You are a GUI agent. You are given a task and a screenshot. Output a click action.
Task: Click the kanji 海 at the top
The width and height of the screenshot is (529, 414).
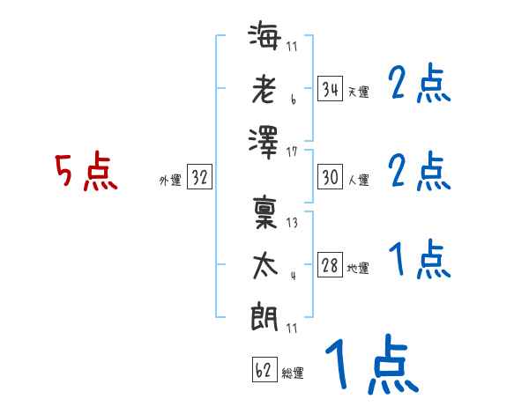point(264,35)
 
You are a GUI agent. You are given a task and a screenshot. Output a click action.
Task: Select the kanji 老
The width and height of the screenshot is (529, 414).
point(264,89)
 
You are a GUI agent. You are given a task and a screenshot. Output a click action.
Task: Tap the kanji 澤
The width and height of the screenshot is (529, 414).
point(264,143)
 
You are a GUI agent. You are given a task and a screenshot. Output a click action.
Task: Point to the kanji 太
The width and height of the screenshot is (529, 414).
point(265,266)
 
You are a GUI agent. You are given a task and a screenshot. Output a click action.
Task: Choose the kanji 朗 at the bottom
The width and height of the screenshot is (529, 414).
point(264,316)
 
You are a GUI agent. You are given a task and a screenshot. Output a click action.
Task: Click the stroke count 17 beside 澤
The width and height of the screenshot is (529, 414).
point(292,152)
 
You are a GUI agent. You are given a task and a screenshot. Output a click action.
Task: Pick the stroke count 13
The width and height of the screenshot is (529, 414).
point(292,223)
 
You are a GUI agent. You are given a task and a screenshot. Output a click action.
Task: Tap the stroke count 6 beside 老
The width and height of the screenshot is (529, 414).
point(294,100)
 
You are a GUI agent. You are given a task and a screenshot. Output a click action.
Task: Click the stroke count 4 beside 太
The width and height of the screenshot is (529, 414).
point(294,276)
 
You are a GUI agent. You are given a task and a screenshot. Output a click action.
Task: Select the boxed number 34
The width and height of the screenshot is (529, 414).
point(330,89)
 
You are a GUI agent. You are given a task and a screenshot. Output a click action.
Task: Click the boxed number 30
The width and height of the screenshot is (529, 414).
point(330,177)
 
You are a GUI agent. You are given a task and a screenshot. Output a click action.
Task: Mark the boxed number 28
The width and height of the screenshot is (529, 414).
point(330,264)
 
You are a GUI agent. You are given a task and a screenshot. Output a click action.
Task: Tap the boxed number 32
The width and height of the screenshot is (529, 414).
point(199,177)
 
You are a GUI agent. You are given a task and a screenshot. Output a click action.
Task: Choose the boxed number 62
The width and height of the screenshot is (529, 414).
point(264,369)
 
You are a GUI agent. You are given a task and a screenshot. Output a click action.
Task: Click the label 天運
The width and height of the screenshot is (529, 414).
point(359,92)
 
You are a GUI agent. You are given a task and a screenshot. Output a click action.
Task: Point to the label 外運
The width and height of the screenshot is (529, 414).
point(170,180)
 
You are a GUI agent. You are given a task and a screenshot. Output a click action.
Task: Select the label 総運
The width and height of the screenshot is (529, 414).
point(293,373)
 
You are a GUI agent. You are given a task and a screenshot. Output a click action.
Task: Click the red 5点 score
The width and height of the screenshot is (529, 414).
point(86,171)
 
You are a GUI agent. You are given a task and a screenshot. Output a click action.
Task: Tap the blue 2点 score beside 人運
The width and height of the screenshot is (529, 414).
point(420,171)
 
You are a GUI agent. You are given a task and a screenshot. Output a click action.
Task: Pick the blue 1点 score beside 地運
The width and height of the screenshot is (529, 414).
point(420,259)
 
